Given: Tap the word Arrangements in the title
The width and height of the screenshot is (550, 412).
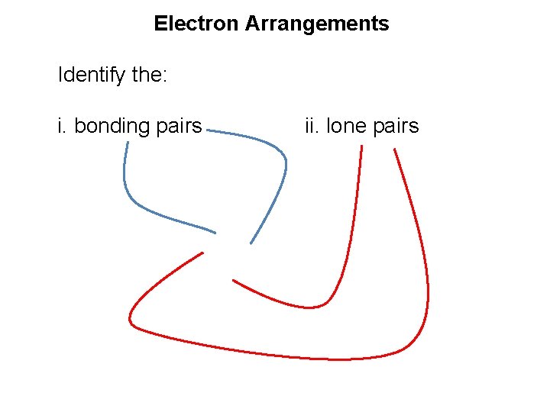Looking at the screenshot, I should [x=317, y=24].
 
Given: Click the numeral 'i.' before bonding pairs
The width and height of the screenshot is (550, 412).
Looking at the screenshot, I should [x=63, y=126].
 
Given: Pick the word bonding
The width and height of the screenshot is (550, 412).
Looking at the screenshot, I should [x=115, y=126].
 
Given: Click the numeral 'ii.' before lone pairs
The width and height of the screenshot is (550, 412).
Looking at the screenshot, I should [x=312, y=126].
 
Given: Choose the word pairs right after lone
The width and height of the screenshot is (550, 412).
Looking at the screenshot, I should [x=396, y=126].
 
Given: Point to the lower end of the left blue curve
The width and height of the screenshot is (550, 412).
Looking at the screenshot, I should [x=215, y=231].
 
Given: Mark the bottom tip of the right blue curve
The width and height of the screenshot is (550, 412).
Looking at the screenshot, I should [x=251, y=243].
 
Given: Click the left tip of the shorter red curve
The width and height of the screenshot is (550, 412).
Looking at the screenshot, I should [x=233, y=280].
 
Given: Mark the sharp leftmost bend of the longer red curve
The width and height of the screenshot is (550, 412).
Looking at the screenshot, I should [x=131, y=320].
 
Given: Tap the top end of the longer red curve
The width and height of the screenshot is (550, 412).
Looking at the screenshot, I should [x=394, y=150].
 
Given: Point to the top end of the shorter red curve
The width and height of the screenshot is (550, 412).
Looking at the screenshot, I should [x=361, y=146].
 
